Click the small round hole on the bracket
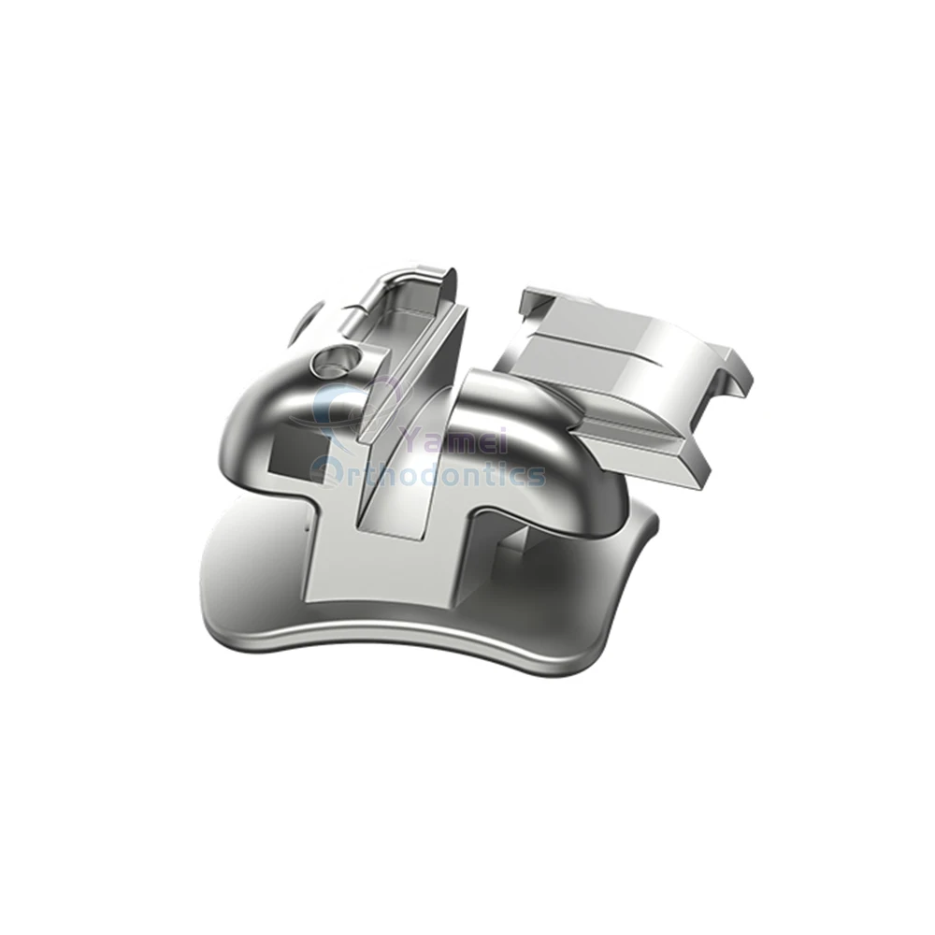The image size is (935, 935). point(332,358)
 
